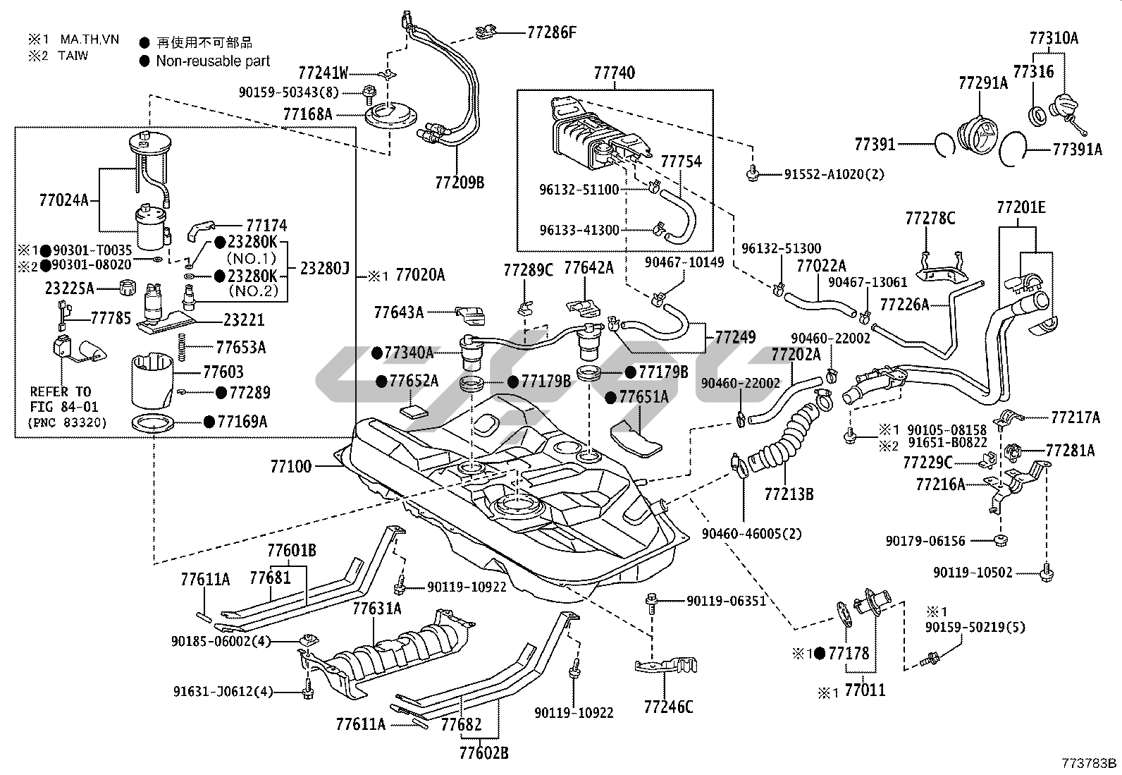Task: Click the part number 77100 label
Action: (x=290, y=466)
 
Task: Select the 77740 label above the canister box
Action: (x=614, y=73)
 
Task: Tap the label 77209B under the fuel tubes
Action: (x=460, y=183)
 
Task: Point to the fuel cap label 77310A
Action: (x=1054, y=38)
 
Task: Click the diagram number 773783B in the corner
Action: (x=1090, y=763)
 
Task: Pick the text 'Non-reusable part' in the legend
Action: (x=213, y=61)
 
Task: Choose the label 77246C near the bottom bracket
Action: (x=668, y=706)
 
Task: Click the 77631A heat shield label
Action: (x=377, y=608)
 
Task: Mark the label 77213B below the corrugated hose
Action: (x=789, y=494)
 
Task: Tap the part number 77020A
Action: (x=420, y=275)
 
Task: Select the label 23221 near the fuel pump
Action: (x=244, y=320)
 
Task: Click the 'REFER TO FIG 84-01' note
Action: (x=64, y=399)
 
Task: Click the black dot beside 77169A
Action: (x=209, y=422)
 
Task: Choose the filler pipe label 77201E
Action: (x=1021, y=208)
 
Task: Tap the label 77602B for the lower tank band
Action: (x=484, y=753)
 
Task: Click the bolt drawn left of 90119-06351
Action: (x=652, y=602)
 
